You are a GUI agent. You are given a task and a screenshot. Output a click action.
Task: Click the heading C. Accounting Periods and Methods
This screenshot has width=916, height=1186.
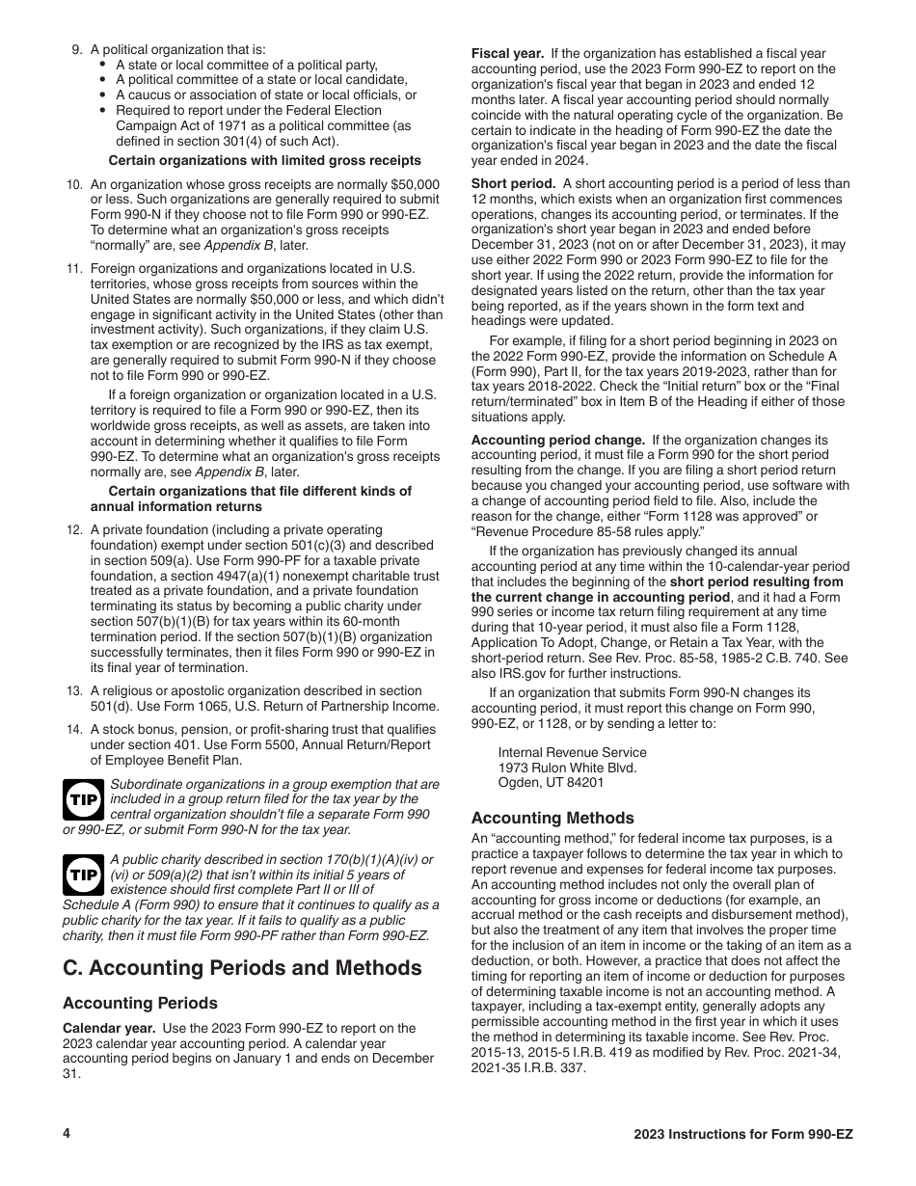click(x=242, y=967)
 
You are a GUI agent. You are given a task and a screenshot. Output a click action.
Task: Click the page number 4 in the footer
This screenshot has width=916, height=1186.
click(x=67, y=1134)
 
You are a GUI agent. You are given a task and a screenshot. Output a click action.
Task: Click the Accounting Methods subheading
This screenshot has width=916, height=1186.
click(x=552, y=817)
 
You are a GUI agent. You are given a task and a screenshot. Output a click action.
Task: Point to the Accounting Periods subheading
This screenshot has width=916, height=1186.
click(x=140, y=1003)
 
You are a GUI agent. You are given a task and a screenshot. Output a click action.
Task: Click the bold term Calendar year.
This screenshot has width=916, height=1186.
click(x=109, y=1028)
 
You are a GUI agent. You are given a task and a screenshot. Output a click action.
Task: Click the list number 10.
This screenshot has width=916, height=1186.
click(x=74, y=184)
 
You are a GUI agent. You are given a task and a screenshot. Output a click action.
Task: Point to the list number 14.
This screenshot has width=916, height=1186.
click(x=74, y=730)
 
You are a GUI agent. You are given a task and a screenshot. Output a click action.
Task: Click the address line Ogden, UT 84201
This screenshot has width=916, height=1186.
click(x=551, y=783)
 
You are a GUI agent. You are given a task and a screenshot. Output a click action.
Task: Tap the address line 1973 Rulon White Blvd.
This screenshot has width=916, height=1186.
click(x=567, y=768)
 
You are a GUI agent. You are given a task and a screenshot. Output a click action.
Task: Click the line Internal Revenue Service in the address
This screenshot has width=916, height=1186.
click(x=572, y=752)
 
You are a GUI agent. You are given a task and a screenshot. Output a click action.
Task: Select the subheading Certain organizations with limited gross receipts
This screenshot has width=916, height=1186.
click(x=264, y=160)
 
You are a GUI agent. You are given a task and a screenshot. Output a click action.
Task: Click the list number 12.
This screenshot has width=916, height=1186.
click(x=74, y=530)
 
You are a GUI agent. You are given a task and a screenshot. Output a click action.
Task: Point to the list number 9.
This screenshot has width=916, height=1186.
click(x=77, y=49)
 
